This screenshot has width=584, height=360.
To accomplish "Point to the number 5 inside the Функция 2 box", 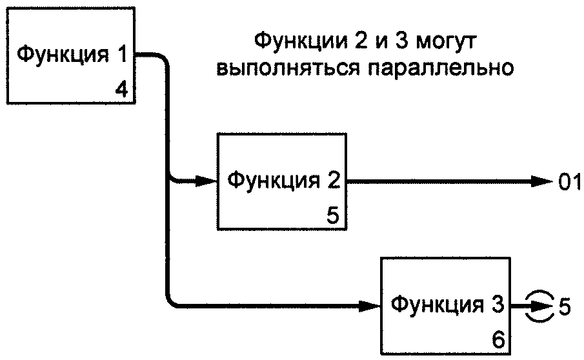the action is click(x=333, y=215).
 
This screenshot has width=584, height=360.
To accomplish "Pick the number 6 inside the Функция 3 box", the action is click(x=498, y=339).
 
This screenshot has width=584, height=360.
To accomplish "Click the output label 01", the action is click(x=569, y=182).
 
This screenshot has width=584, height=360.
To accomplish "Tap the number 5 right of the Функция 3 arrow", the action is click(x=564, y=307).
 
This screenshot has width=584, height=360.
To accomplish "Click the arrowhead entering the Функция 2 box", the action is click(x=206, y=181).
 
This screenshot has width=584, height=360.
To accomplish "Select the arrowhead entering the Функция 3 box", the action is click(x=370, y=306).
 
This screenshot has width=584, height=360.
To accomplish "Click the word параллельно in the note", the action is click(x=441, y=68).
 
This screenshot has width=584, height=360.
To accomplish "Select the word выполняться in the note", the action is click(x=288, y=68).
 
